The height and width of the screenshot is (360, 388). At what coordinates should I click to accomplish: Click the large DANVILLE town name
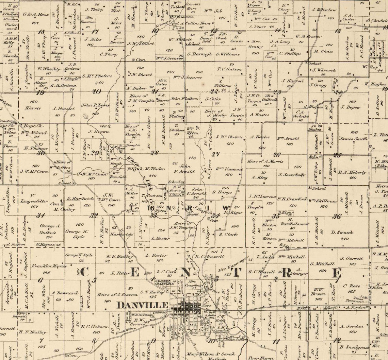coord(143,305)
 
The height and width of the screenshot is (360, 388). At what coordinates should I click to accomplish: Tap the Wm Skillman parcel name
coord(323,201)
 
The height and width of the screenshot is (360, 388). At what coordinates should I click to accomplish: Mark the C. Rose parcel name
coord(352,286)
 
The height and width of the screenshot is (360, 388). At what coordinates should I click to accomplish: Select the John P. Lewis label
coord(95,105)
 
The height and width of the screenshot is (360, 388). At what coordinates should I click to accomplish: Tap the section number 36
coord(337,216)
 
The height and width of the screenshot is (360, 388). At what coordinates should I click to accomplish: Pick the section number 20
coord(97,91)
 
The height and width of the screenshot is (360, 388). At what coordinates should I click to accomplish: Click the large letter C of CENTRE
coord(84,272)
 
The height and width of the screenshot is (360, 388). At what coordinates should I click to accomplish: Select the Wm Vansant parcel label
coord(229,169)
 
